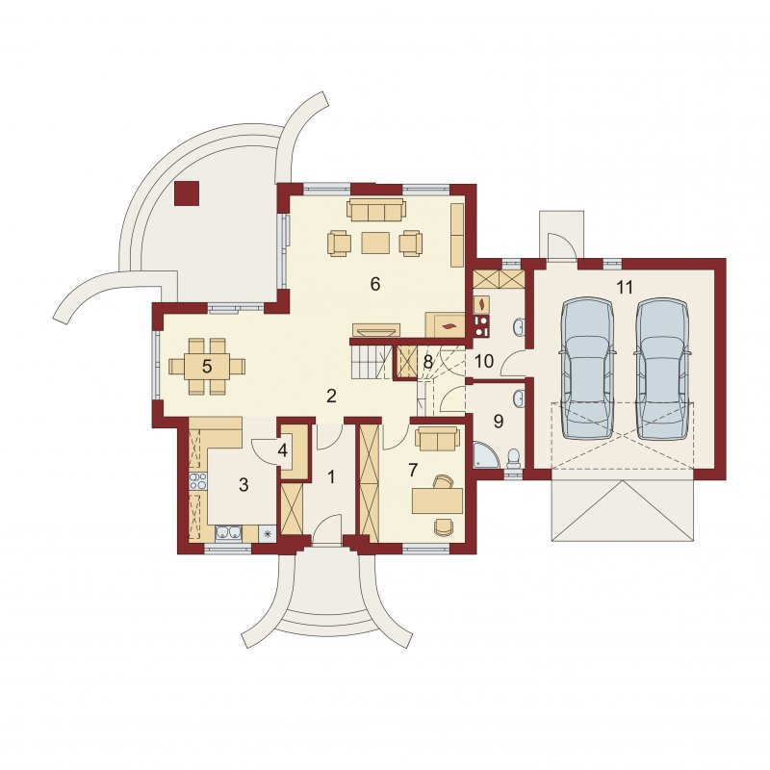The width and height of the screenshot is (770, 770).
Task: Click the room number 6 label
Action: [375, 284]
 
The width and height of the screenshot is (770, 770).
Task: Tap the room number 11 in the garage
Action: [625, 287]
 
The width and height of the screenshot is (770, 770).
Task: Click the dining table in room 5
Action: [207, 367]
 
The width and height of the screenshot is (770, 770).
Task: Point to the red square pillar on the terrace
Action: [187, 193]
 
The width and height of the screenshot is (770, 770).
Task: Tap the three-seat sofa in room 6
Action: [376, 210]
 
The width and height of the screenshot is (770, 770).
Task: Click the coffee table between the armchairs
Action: [375, 244]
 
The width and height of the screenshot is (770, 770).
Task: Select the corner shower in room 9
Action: [486, 453]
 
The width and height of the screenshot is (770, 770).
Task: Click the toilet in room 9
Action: [514, 457]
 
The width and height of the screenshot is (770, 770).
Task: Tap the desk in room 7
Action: [438, 500]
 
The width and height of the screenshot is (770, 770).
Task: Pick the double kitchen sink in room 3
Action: [229, 533]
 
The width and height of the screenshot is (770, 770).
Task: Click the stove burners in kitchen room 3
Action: [198, 481]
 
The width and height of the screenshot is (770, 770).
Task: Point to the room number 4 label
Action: [282, 450]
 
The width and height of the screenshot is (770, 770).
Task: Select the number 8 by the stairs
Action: [427, 363]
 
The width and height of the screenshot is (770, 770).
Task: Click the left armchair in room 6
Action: [339, 244]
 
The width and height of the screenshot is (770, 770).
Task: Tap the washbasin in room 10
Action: [519, 326]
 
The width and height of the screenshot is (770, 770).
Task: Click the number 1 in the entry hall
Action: [331, 476]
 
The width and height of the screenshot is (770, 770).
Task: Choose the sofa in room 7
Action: [438, 438]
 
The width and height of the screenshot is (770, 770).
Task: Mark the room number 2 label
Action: [331, 396]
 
